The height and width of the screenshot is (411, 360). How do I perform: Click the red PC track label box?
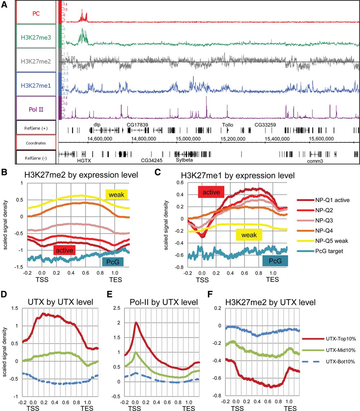[x=36, y=13]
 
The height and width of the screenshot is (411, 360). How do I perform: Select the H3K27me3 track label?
[x=36, y=37]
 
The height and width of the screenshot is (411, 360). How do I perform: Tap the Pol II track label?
[x=36, y=109]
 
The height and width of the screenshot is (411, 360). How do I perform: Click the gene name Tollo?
[x=228, y=125]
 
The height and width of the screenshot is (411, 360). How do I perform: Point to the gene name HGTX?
[x=84, y=160]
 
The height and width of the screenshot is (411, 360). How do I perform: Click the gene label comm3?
[x=315, y=161]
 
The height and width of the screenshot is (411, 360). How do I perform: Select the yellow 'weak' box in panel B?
[x=116, y=195]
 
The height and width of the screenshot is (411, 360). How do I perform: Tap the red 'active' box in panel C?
[x=211, y=192]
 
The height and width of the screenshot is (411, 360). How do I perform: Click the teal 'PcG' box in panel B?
[x=113, y=262]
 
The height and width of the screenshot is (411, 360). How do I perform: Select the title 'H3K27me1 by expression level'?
[x=238, y=176]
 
